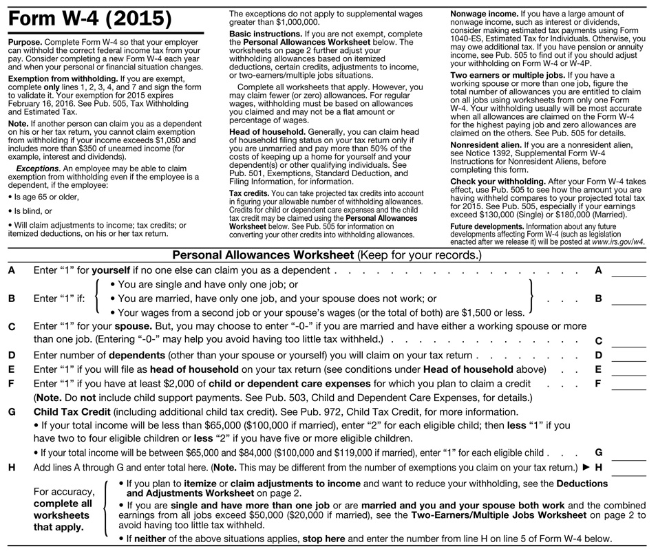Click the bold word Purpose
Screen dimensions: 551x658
pos(25,42)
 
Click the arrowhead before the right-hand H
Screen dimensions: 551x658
pos(586,467)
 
